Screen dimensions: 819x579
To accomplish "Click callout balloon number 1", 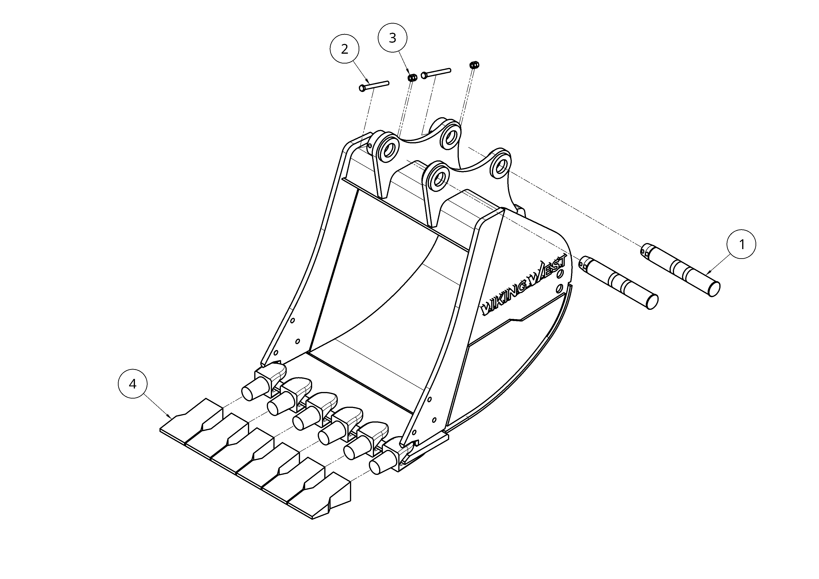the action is [741, 245].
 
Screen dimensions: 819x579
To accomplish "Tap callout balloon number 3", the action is [392, 38].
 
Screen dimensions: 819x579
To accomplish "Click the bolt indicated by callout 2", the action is [374, 85].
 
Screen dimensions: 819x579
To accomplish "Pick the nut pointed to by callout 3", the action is [412, 78].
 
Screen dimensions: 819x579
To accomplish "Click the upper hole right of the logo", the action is [560, 272].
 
